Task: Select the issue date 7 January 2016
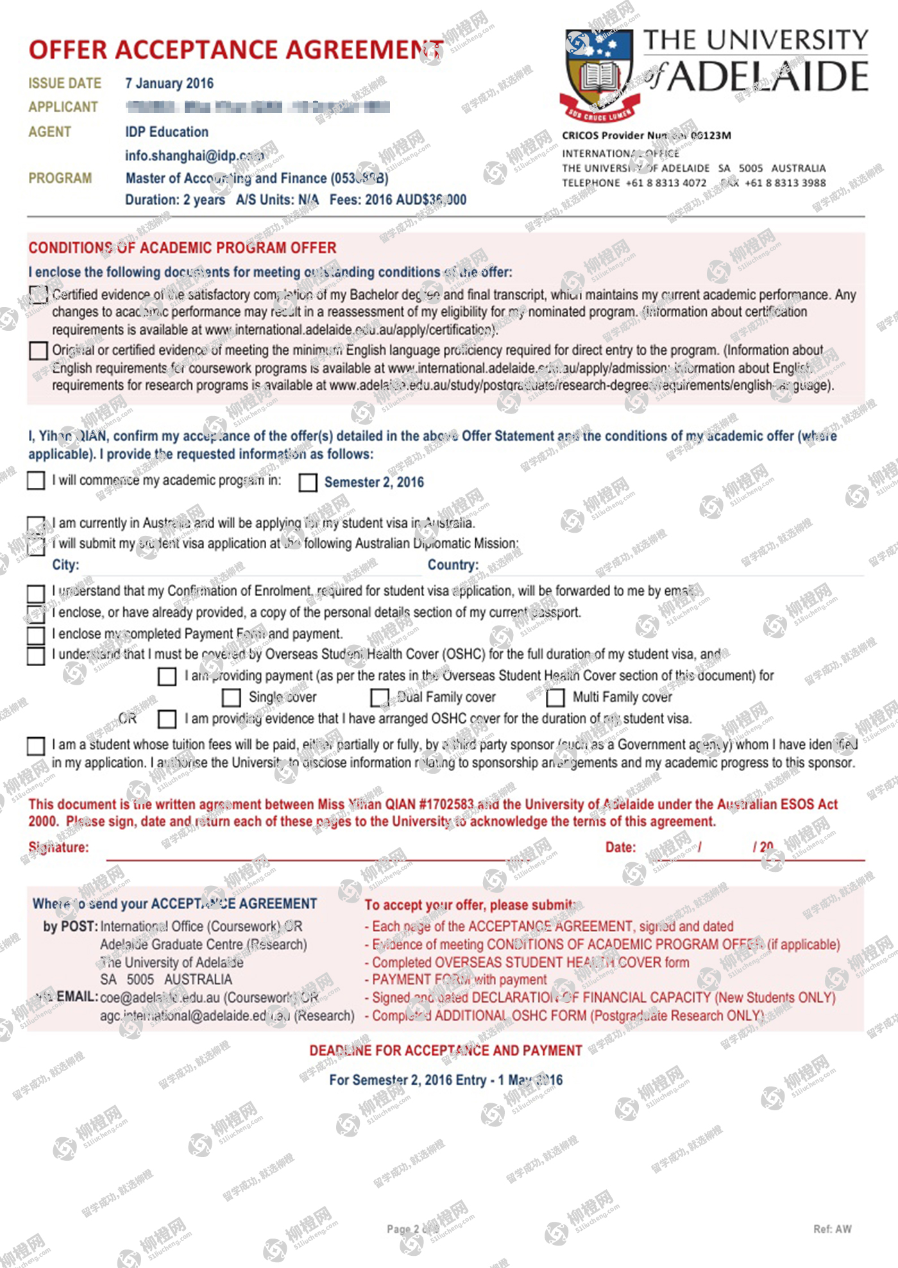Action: pos(169,83)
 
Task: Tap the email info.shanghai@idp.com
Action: pos(194,156)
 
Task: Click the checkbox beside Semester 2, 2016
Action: pos(308,483)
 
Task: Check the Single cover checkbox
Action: pos(231,697)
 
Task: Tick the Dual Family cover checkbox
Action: pos(380,697)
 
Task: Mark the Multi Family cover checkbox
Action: pos(555,697)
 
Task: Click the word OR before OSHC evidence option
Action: pos(128,719)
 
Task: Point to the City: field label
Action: pos(65,565)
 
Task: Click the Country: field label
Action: pos(453,565)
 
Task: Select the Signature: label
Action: pos(59,847)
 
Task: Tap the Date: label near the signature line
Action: pos(620,847)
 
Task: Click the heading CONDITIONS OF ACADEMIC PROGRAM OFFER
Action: pos(182,248)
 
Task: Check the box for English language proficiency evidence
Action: pos(38,351)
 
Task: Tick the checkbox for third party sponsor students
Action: pos(36,746)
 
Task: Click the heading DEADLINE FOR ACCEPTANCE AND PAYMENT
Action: pos(446,1051)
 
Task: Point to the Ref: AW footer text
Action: pos(832,1229)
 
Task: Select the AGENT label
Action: pos(49,132)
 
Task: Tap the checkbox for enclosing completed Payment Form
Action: pos(36,635)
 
